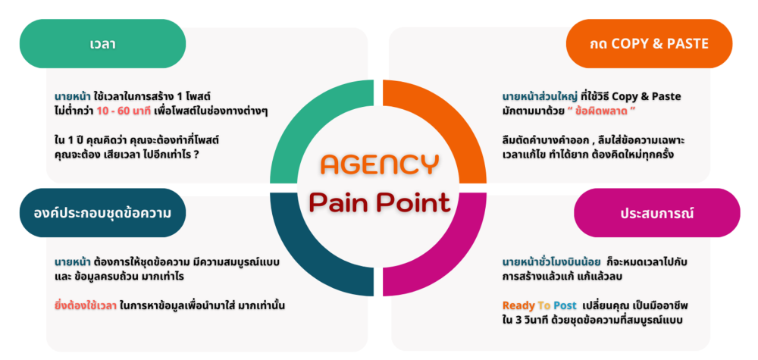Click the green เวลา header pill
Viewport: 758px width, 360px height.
98,44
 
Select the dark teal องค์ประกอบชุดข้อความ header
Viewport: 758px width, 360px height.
102,213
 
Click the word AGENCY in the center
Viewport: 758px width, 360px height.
378,164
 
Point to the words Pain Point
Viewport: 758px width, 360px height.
379,202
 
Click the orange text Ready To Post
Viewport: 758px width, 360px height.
540,305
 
